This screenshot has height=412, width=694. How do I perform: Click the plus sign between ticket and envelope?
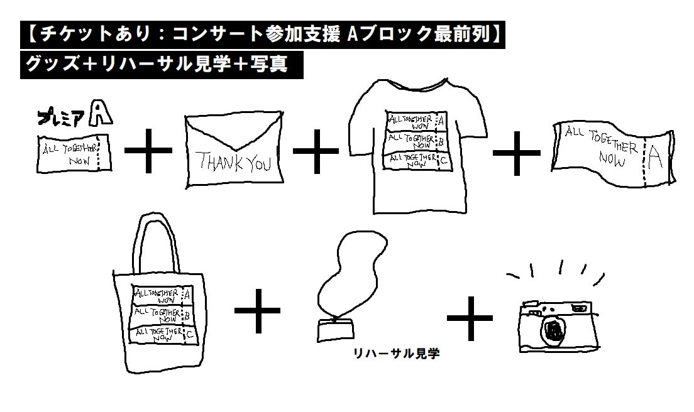click(148, 151)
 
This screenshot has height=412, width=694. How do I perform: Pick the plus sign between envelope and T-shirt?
click(316, 151)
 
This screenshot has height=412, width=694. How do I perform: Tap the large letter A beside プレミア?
click(101, 114)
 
